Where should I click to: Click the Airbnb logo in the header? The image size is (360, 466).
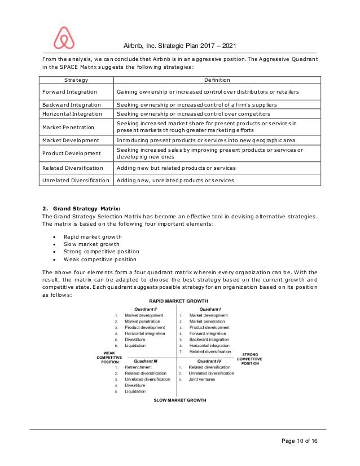click(63, 38)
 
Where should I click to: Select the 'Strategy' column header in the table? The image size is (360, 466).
click(76, 80)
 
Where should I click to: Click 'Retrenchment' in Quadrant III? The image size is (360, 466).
click(139, 367)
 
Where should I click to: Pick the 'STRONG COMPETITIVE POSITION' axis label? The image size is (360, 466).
click(250, 359)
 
